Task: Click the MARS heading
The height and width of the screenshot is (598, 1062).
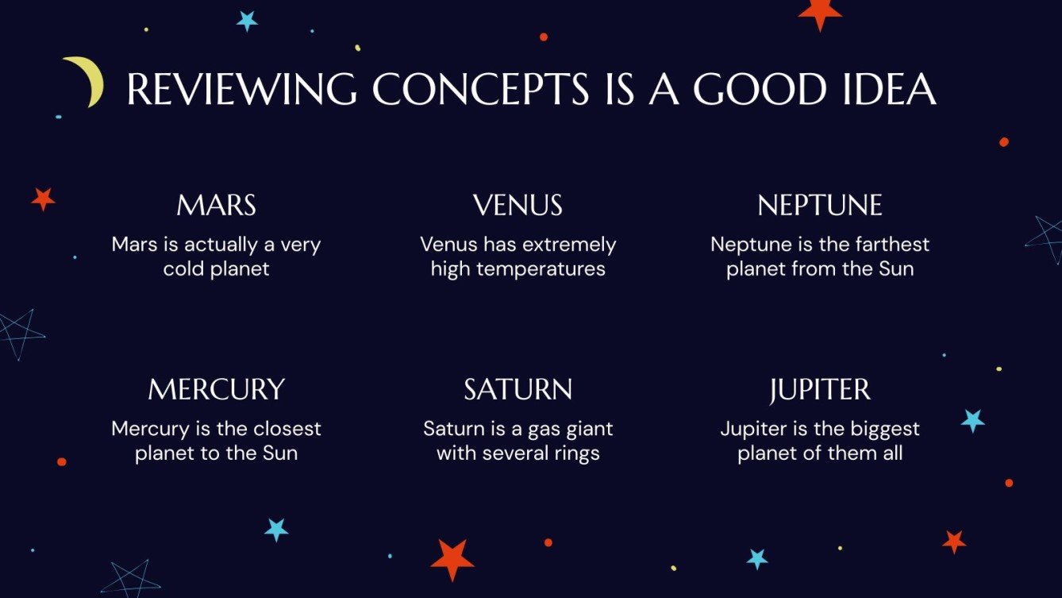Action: pos(216,206)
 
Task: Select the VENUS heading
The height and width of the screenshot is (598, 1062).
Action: pos(518,206)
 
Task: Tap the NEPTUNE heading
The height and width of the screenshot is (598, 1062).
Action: pos(820,206)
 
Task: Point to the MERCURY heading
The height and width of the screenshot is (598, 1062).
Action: pos(216,390)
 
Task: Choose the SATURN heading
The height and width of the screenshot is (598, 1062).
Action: pos(518,390)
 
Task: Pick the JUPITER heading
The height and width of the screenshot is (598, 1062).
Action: pos(820,390)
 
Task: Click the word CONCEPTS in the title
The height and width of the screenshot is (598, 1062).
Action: pos(481,91)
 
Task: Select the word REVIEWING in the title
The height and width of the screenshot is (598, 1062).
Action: pos(241,91)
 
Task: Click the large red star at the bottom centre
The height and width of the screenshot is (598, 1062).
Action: pos(452,558)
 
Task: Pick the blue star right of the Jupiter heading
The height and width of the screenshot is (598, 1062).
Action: pos(972,420)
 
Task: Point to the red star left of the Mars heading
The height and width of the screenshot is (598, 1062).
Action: pos(43,199)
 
